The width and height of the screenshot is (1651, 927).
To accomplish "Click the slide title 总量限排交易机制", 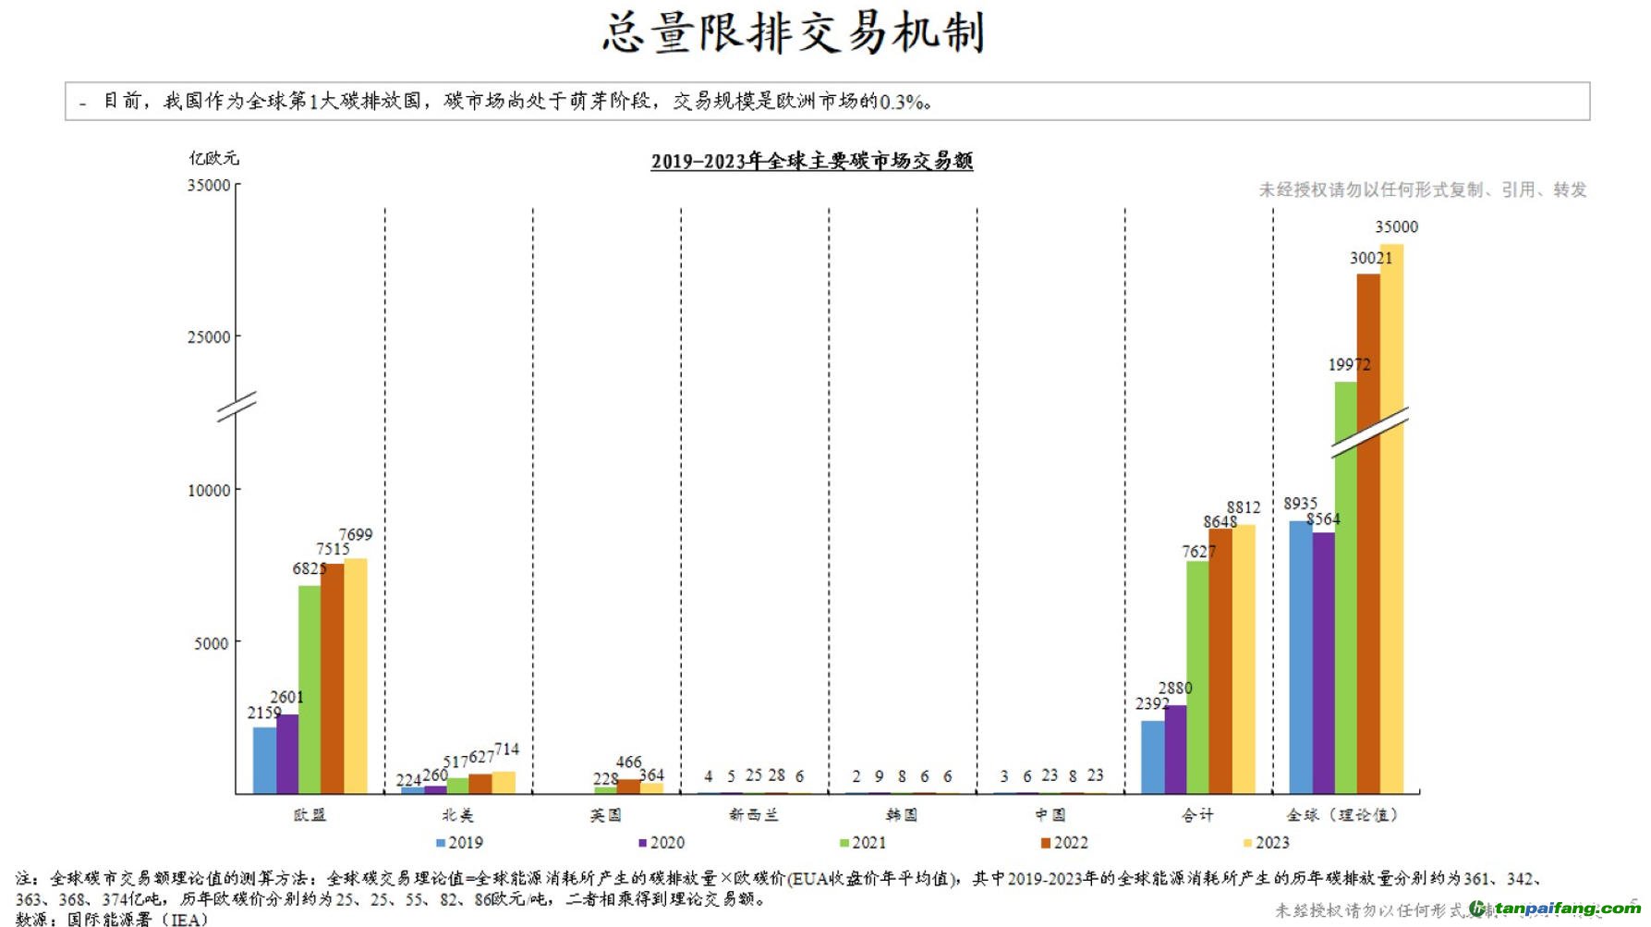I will tap(793, 33).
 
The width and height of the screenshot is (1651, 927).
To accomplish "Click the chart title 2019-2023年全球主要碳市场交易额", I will tap(811, 161).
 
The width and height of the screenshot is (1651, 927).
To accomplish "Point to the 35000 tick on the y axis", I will tap(209, 185).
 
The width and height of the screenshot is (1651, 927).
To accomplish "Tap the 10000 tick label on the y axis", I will tap(209, 490).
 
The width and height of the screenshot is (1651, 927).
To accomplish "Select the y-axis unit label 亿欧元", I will tap(213, 158).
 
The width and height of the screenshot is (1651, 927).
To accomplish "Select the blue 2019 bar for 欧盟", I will tap(264, 760).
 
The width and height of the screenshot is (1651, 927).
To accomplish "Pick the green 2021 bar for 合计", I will tap(1197, 677).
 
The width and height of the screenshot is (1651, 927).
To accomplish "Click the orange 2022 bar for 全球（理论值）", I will tap(1368, 533).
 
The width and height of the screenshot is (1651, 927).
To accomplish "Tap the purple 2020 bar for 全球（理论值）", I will tap(1323, 662).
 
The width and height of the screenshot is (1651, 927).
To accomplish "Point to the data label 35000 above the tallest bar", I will tap(1396, 226).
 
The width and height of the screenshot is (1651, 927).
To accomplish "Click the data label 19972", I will tap(1349, 364).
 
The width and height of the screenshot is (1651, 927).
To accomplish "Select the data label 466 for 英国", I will tap(628, 762).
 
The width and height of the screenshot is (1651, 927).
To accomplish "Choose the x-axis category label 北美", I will tap(457, 814).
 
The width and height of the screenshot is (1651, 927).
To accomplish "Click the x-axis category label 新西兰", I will tap(753, 814).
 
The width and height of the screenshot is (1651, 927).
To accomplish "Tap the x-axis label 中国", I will tap(1050, 814).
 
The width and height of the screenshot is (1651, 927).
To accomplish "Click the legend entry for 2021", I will tap(863, 842).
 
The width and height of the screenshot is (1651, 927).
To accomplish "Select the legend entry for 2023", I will tap(1267, 842).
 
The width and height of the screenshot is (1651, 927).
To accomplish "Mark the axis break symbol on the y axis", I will tap(237, 406).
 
